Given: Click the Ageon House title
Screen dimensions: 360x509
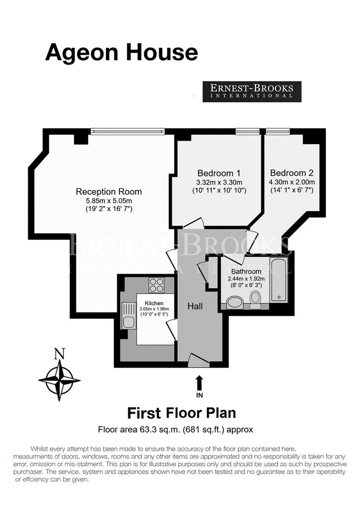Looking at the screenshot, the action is tap(122, 53).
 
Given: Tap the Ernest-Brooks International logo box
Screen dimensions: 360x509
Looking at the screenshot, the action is tap(252, 91).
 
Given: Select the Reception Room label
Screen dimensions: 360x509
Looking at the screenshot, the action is tap(109, 191).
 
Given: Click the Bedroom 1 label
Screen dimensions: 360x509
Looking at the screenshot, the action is tap(219, 173).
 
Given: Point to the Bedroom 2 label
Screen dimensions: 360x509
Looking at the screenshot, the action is tap(292, 172).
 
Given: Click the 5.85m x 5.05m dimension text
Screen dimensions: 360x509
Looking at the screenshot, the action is tap(109, 201).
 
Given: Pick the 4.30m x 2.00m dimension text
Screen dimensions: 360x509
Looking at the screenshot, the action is tap(292, 182).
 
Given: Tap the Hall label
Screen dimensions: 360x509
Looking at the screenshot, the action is tap(195, 306).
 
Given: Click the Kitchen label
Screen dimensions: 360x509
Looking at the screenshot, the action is tap(154, 303).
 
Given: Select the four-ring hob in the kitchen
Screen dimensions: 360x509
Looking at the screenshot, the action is tap(157, 285).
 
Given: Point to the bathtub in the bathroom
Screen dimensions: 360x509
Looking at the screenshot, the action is tap(279, 280).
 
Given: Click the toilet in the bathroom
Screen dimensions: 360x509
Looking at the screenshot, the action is tap(256, 299).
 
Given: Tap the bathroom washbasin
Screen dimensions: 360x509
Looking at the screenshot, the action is tap(234, 302).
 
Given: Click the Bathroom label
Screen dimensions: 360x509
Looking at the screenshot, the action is tap(246, 271).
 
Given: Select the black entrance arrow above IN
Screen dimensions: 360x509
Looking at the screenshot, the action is tap(199, 383).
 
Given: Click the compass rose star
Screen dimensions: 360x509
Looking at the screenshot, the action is tap(59, 380).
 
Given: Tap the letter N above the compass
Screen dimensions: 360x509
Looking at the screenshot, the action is tap(59, 354).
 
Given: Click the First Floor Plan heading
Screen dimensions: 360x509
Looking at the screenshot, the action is tap(181, 413).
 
